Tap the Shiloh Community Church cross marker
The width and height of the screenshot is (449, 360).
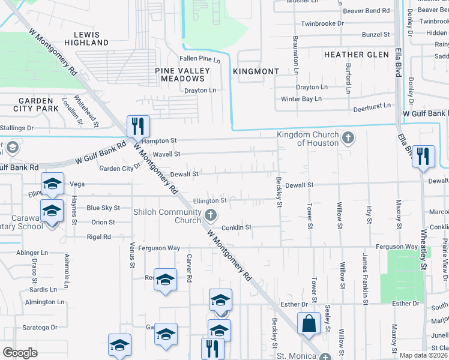210,215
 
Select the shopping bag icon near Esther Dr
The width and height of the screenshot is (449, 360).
308,323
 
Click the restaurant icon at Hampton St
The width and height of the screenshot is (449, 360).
138,126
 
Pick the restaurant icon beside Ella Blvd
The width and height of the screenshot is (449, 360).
423,156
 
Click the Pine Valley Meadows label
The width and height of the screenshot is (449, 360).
182,74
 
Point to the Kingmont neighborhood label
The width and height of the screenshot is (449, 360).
259,71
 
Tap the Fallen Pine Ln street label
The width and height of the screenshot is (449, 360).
200,59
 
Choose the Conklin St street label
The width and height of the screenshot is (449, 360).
236,227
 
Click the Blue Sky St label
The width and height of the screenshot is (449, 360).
103,208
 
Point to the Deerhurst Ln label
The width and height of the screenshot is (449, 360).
372,105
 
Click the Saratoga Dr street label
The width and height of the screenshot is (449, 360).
37,328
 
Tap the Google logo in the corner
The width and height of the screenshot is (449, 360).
20,353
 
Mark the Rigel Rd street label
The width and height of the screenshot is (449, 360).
98,236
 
